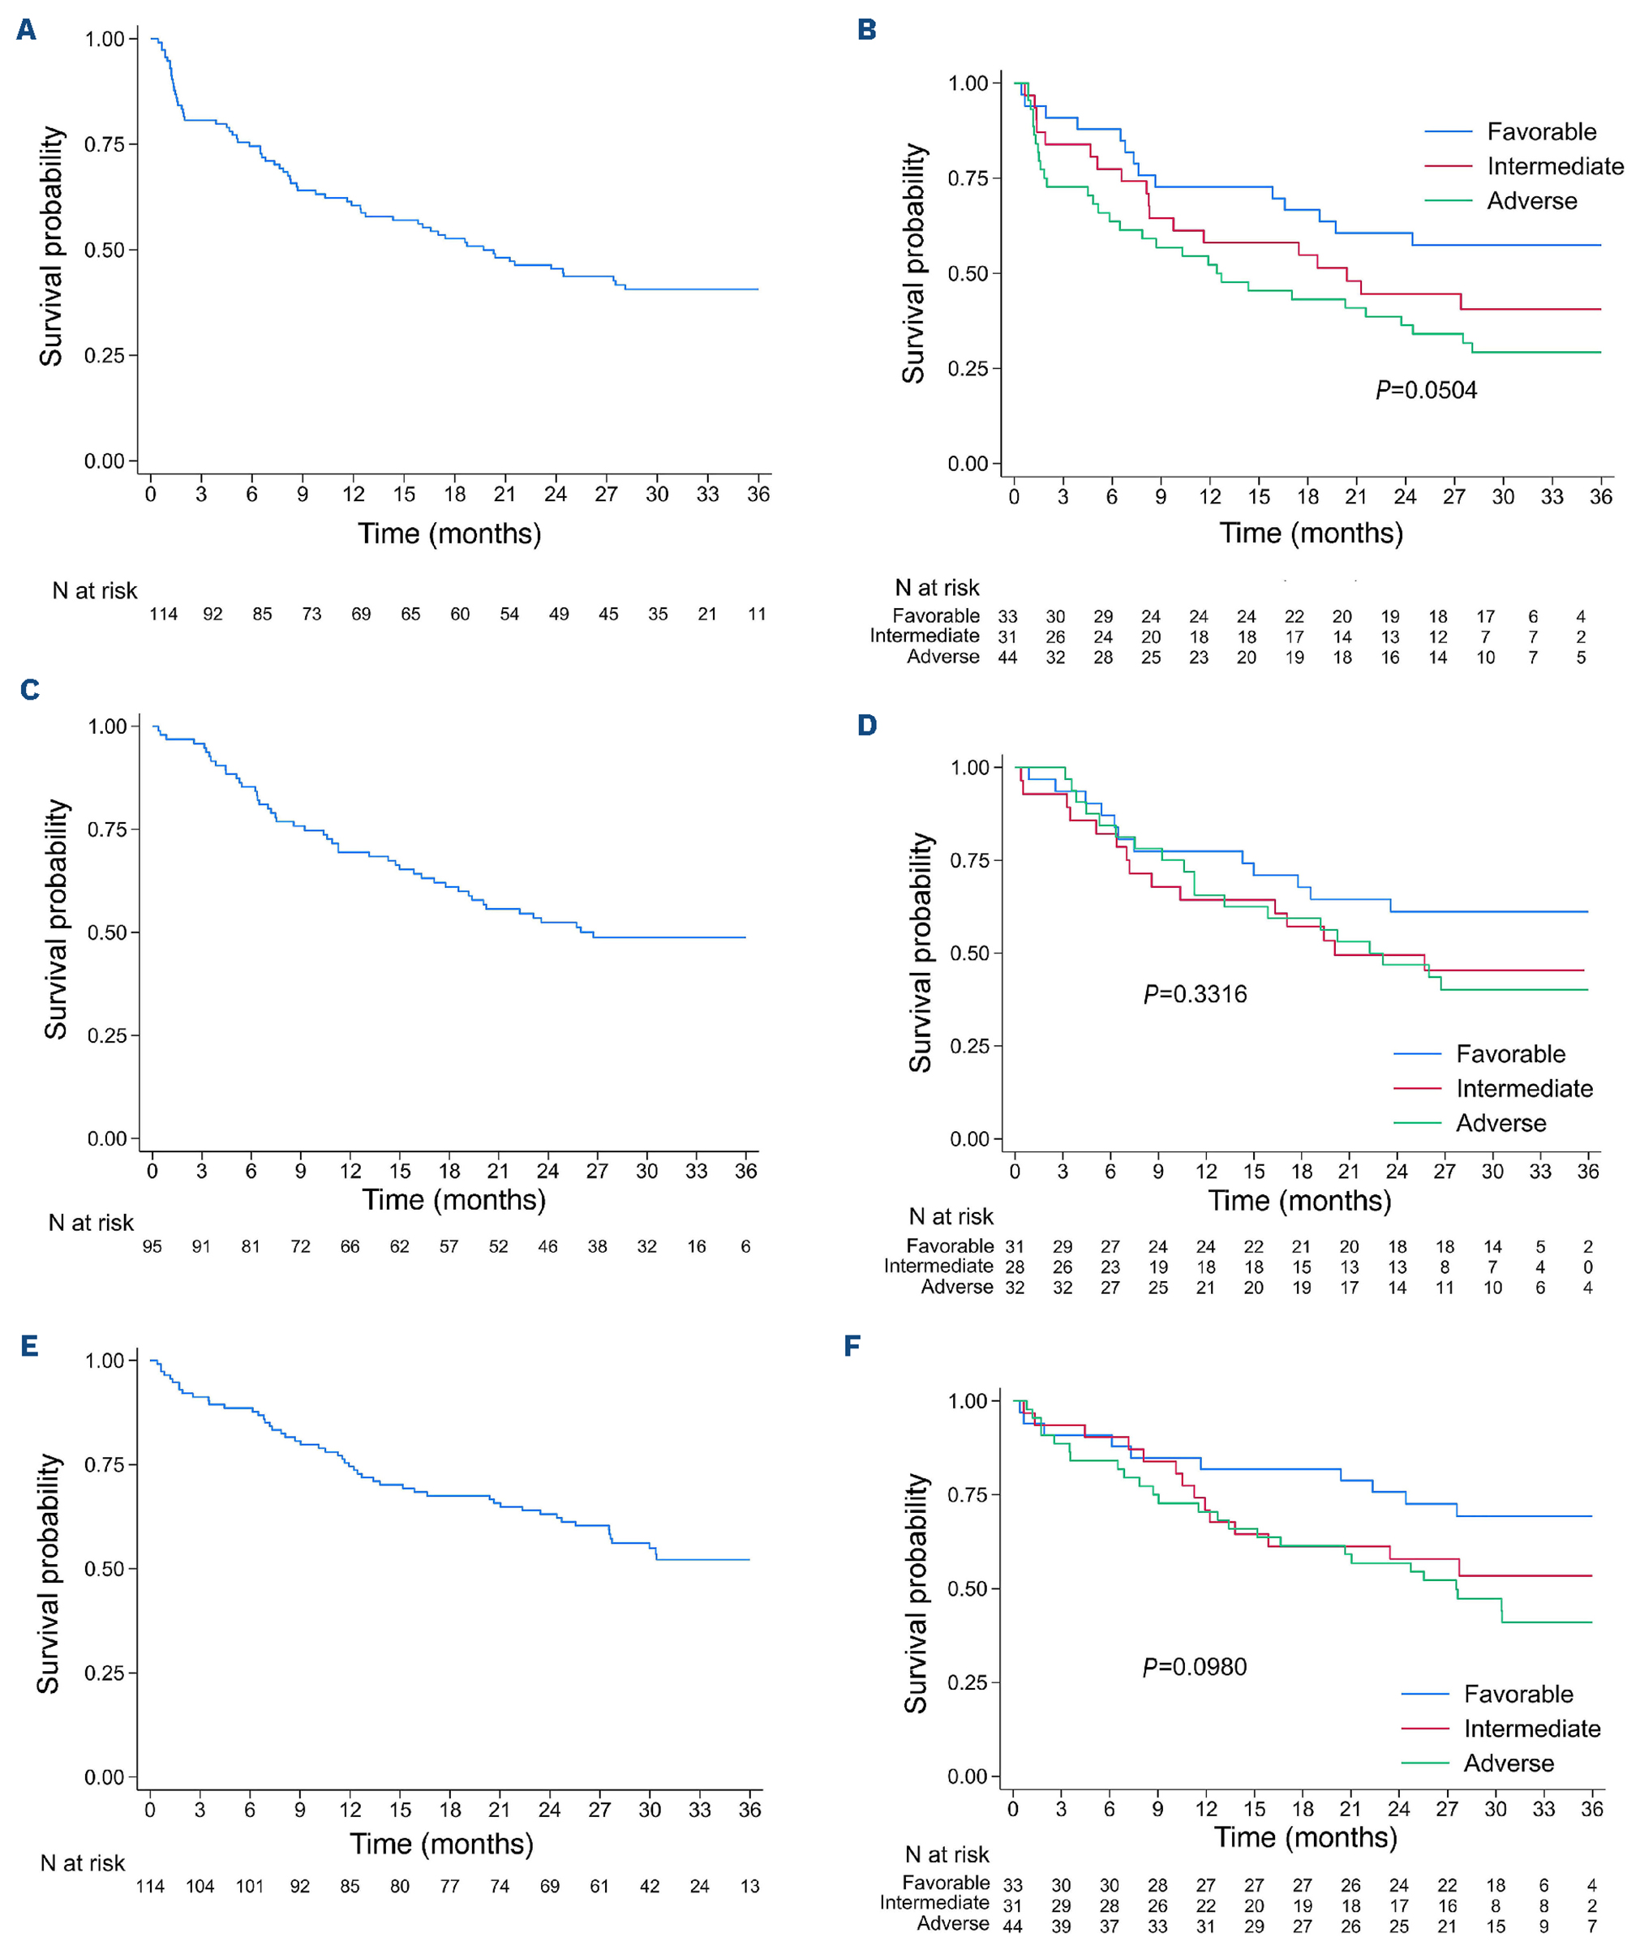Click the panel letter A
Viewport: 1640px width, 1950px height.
(x=26, y=31)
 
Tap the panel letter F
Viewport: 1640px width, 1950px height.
(x=852, y=1346)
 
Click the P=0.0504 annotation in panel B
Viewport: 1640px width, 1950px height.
(x=1426, y=389)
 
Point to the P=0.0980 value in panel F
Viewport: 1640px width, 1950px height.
(x=1195, y=1666)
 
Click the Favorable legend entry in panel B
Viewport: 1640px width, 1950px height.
(x=1540, y=132)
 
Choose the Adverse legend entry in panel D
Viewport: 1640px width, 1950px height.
(x=1500, y=1123)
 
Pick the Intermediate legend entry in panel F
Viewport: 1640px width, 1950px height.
(x=1531, y=1728)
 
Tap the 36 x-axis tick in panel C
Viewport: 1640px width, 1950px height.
(x=745, y=1171)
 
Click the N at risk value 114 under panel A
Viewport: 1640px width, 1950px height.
(x=164, y=615)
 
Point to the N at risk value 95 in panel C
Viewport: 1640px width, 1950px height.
(x=152, y=1246)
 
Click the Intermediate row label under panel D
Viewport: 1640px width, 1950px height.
(x=938, y=1266)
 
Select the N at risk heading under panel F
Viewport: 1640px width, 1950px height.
(x=947, y=1854)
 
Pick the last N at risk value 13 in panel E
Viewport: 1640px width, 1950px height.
(x=749, y=1886)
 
